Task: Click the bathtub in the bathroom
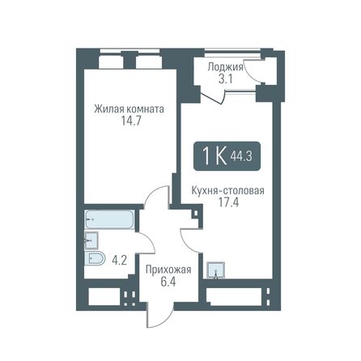point(110,220)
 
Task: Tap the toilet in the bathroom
point(94,259)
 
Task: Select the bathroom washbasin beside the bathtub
point(92,239)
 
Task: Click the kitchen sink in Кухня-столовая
point(214,270)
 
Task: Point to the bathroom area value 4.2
point(119,261)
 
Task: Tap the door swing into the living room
point(156,204)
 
